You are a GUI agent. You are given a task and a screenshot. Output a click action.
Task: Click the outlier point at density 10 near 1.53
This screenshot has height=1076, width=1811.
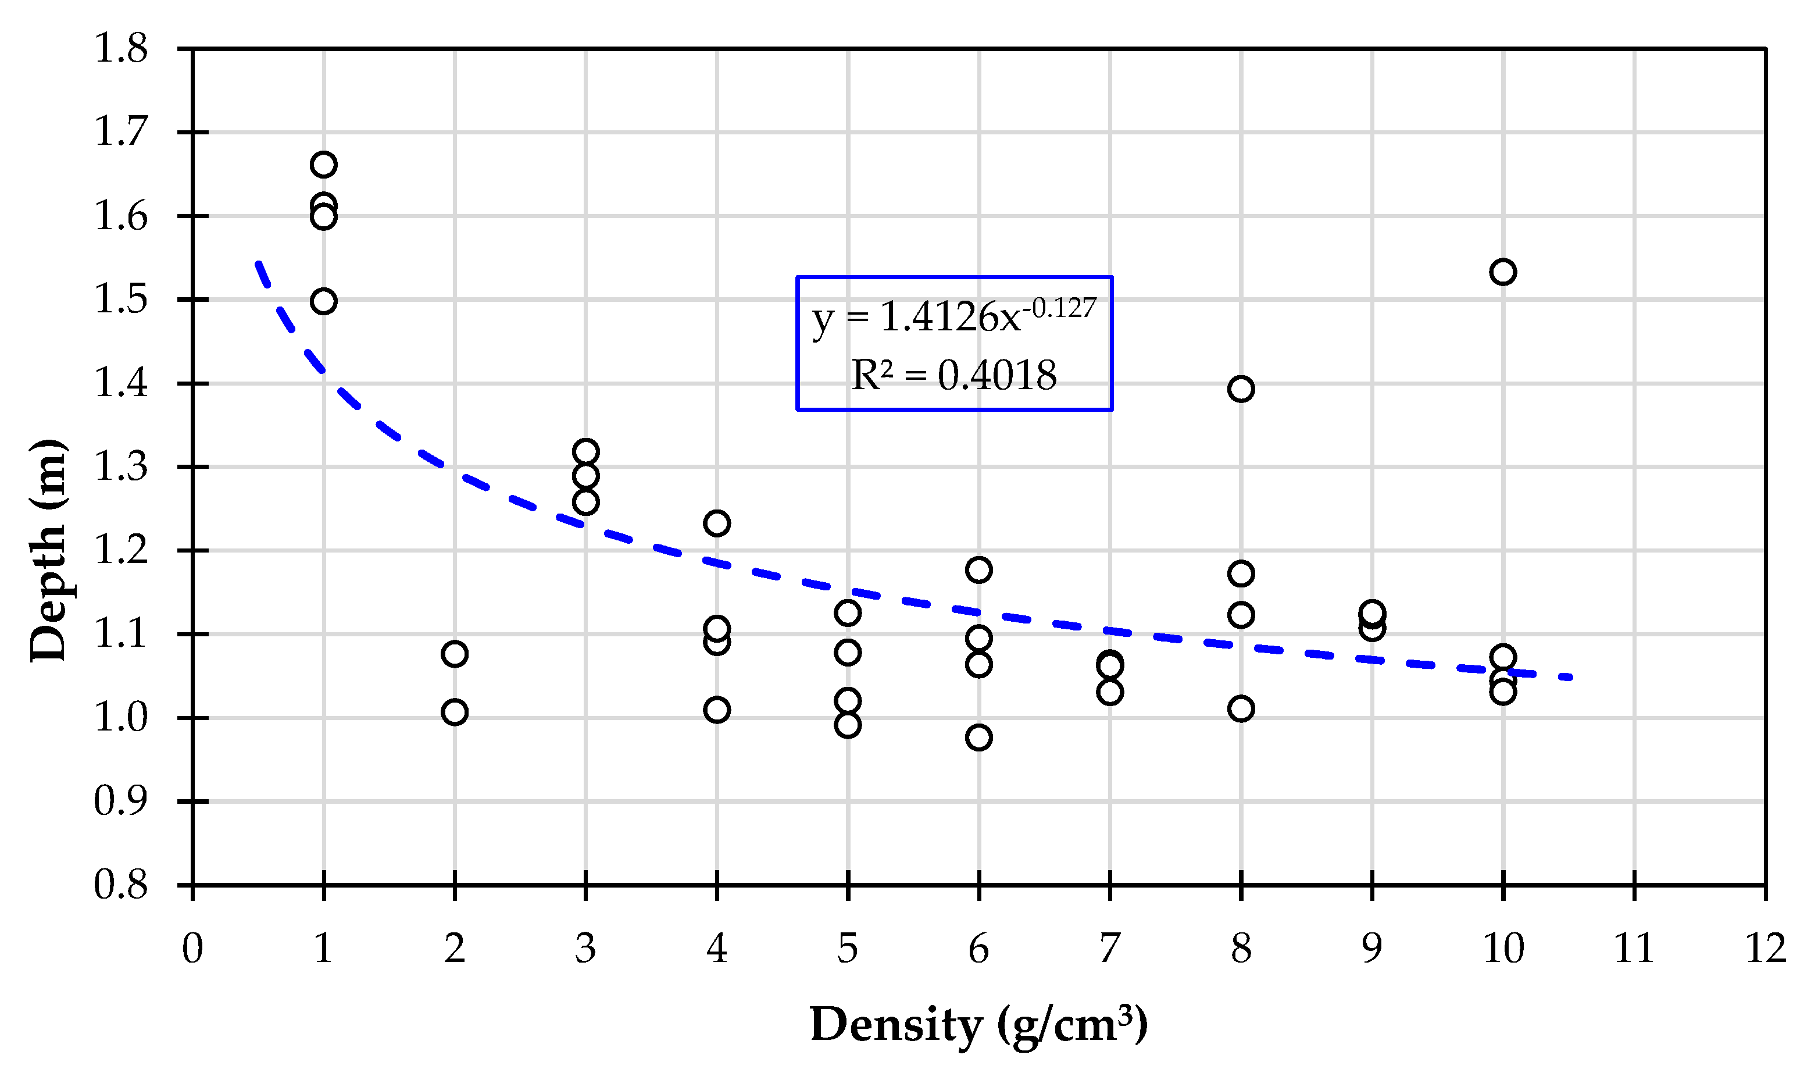(x=1502, y=272)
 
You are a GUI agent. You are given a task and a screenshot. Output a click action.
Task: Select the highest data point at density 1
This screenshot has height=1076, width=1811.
(x=323, y=165)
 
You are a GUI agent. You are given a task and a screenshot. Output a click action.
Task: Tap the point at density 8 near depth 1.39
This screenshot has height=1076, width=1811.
(x=1241, y=389)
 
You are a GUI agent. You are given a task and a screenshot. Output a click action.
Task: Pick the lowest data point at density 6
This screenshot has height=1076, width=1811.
(x=978, y=737)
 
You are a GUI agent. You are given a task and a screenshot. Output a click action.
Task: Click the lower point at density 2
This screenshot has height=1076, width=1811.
(x=455, y=712)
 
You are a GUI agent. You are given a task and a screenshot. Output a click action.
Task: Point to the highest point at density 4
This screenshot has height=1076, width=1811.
(x=717, y=523)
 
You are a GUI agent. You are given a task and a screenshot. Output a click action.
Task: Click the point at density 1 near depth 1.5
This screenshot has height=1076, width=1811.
(x=323, y=301)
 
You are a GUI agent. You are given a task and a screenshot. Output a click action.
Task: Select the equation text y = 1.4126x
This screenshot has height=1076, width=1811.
(x=953, y=317)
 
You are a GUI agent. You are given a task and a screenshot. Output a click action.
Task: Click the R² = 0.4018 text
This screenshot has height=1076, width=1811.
(x=953, y=376)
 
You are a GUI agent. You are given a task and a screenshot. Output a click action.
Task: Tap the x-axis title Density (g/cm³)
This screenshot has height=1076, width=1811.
(x=978, y=1024)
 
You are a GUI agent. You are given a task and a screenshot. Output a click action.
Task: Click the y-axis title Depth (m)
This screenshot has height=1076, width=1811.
(x=49, y=550)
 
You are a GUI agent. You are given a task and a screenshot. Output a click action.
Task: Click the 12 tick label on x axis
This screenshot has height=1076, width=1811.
(x=1765, y=949)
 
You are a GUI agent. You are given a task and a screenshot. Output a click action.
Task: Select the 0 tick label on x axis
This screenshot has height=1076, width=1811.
(x=192, y=949)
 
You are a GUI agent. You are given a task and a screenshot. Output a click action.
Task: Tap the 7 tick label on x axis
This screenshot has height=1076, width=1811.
(x=1109, y=949)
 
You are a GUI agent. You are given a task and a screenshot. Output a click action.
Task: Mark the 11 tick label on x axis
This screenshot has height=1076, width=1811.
(x=1634, y=949)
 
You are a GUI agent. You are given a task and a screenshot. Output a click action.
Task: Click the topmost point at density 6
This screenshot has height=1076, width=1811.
(x=978, y=570)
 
